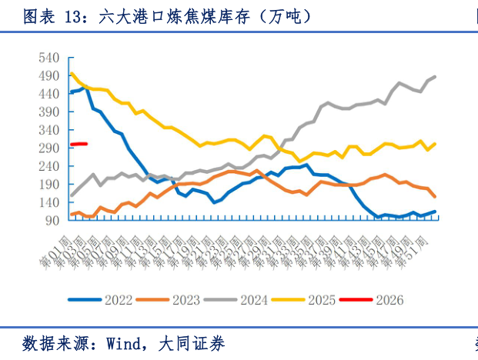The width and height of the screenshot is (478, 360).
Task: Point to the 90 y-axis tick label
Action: tap(52, 221)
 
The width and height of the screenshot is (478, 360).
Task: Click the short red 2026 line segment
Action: tap(79, 144)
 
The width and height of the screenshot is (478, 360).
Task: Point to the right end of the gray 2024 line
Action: tap(436, 77)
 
